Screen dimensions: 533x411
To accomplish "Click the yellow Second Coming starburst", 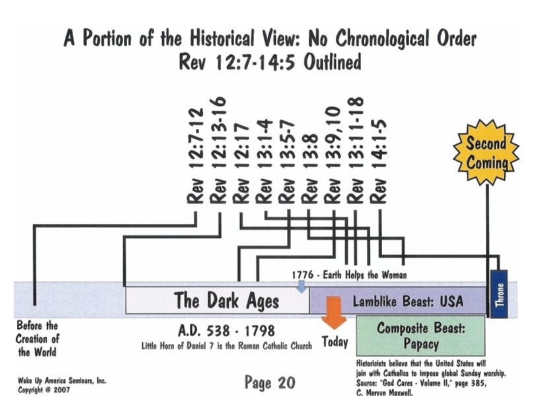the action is [x=486, y=152].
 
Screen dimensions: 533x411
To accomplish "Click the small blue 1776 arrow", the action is [x=302, y=286].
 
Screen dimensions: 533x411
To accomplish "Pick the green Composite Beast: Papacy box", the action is [x=421, y=336].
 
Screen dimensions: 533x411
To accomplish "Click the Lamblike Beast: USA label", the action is [x=408, y=301].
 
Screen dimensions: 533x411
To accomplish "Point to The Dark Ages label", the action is [x=227, y=300].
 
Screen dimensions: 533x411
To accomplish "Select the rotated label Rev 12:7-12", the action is [x=195, y=156].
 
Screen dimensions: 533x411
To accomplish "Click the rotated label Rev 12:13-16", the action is [x=219, y=150].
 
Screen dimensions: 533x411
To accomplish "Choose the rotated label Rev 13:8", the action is [x=310, y=169].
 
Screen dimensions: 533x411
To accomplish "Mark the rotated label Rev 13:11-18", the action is [x=355, y=150].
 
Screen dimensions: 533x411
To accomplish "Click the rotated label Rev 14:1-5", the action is [x=378, y=162].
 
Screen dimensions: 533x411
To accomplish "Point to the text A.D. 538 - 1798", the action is [x=227, y=331].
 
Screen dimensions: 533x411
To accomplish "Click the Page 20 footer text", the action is [x=270, y=383].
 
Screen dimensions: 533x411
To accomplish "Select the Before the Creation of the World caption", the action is [x=37, y=339].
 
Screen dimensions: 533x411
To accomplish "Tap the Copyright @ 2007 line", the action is [x=44, y=390].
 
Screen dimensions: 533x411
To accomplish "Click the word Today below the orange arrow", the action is [x=335, y=342].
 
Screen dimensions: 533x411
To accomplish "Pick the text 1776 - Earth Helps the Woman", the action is [x=349, y=274].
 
